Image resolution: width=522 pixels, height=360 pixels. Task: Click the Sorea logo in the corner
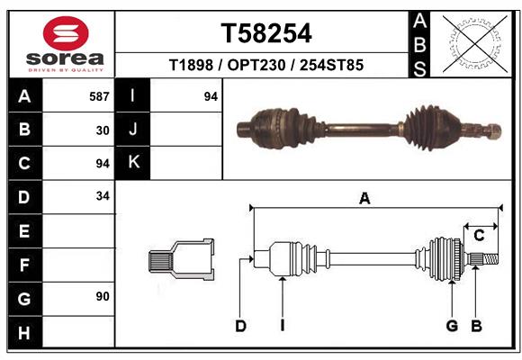pos(63,44)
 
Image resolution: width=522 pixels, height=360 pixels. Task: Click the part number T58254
pos(266,33)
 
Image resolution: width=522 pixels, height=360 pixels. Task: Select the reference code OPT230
pos(265,66)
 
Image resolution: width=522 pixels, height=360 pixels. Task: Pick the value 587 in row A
pos(99,95)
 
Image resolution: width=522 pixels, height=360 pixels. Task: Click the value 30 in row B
pos(103,130)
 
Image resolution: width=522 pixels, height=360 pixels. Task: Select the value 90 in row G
pos(103,295)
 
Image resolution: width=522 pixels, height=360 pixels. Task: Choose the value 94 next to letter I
pos(211,95)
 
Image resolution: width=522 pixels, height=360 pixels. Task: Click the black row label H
pos(24,333)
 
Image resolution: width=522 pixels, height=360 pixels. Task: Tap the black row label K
pos(133,163)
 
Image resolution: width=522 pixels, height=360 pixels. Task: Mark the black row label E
pos(24,231)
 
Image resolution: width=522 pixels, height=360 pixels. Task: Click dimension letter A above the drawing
pos(364,199)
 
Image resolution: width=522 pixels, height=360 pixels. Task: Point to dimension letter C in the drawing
pos(479,236)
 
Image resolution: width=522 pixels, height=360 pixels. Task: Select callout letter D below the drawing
pos(240,326)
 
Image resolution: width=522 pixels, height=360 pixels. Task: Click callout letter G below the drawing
pos(452,326)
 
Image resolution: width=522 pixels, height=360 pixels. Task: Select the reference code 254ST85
pos(330,66)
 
